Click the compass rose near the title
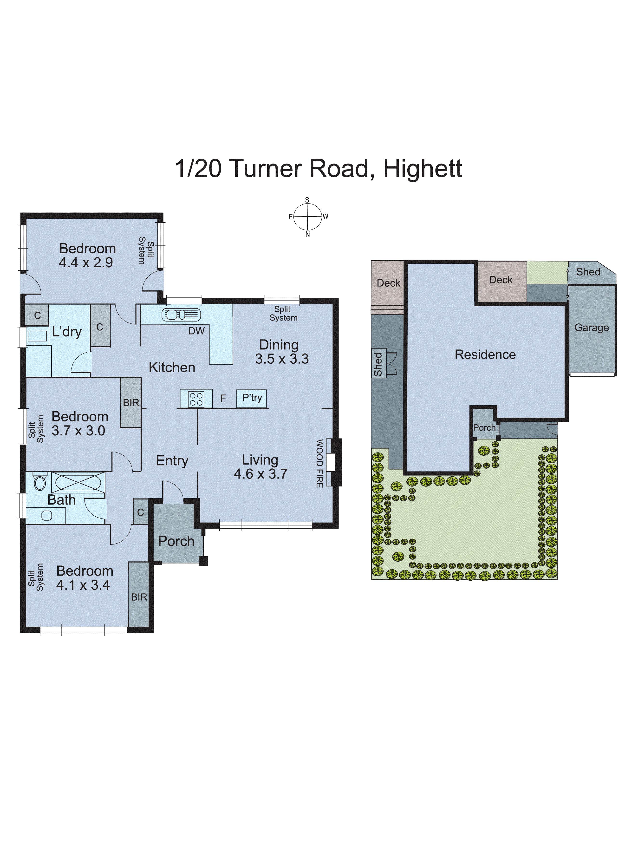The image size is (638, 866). (307, 217)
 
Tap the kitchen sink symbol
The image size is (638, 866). (181, 315)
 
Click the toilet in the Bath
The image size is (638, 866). (40, 482)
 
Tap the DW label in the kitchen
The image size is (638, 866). (196, 331)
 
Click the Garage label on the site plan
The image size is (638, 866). (591, 328)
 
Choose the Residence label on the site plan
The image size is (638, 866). (485, 354)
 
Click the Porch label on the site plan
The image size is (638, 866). (484, 428)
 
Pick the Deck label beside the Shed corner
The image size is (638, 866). (501, 280)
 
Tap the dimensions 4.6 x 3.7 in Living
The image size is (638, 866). (261, 474)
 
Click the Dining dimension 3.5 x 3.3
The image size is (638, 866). (282, 359)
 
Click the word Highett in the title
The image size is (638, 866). (423, 169)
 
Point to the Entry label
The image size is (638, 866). (172, 460)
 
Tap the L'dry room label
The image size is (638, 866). (67, 331)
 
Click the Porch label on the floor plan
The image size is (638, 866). (176, 541)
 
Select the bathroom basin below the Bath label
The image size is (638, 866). (47, 515)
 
